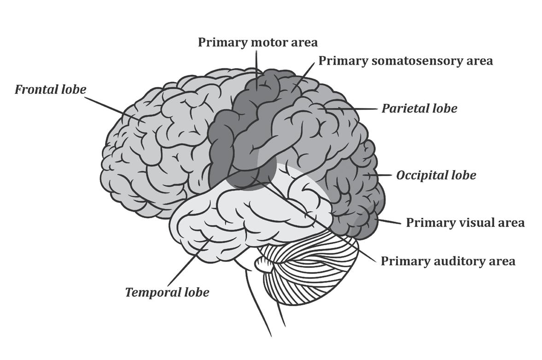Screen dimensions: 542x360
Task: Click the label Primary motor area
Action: [x=257, y=42]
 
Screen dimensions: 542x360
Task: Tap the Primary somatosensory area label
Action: [x=405, y=60]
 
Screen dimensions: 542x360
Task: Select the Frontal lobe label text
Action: [x=50, y=89]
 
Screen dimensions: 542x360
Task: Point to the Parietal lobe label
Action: [x=419, y=109]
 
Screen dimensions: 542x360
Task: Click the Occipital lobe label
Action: [x=436, y=175]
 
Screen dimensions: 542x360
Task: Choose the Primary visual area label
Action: [x=465, y=223]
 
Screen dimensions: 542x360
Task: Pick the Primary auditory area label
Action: [x=448, y=261]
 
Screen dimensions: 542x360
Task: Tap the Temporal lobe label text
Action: [x=167, y=292]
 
